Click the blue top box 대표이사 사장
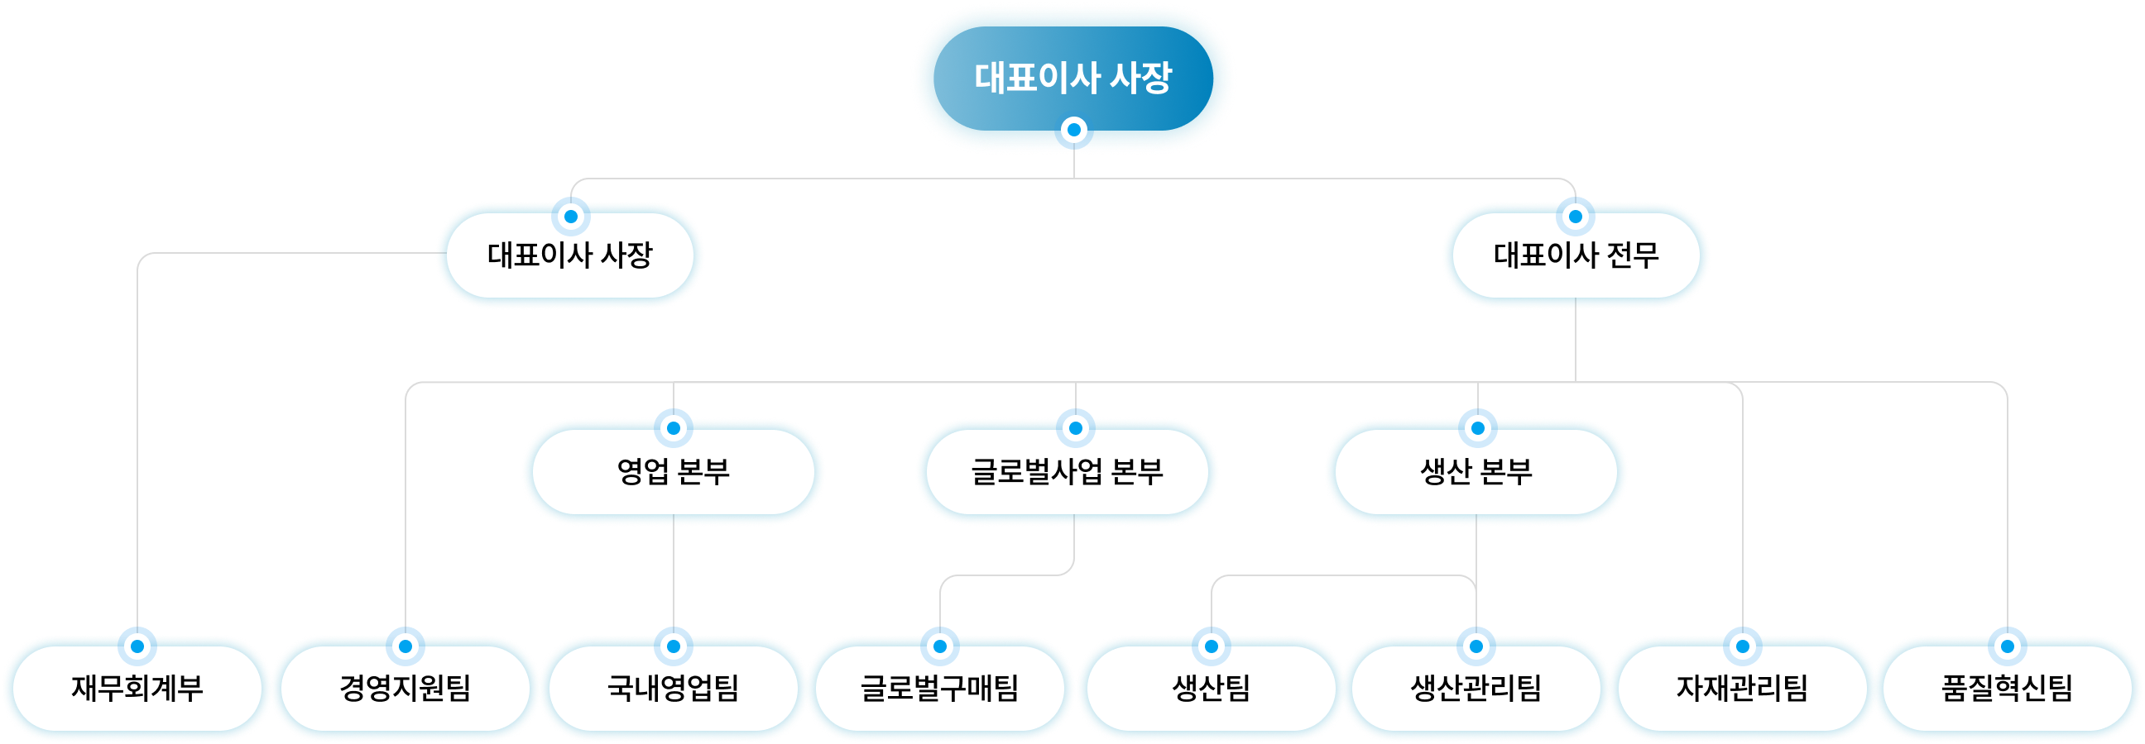click(x=1072, y=78)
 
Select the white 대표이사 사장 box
click(x=569, y=255)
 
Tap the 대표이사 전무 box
click(x=1576, y=255)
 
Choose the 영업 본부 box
click(x=673, y=472)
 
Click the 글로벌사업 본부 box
click(x=1067, y=472)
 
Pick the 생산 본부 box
click(x=1476, y=472)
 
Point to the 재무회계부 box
click(x=137, y=689)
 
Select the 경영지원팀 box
click(x=405, y=689)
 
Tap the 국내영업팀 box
click(x=673, y=689)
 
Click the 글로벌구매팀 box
click(x=939, y=689)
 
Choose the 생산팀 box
click(x=1211, y=689)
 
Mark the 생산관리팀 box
click(x=1476, y=689)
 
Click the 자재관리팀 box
click(x=1742, y=689)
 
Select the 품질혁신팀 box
click(x=2007, y=689)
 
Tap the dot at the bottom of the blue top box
click(x=1074, y=130)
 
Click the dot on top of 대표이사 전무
click(x=1576, y=217)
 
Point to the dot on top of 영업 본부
click(x=674, y=427)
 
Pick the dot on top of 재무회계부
click(x=137, y=646)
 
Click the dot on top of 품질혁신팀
click(x=2008, y=646)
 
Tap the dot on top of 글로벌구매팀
click(x=940, y=646)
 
